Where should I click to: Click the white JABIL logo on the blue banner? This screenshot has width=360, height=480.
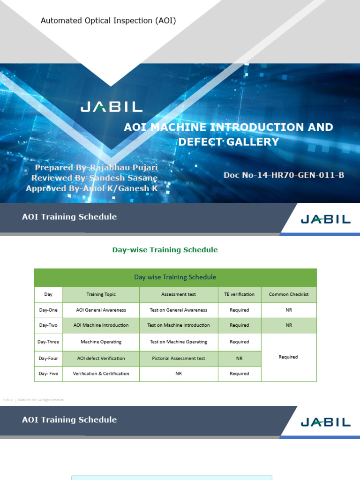pyautogui.click(x=111, y=107)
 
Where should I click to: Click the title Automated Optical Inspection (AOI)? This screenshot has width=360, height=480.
pyautogui.click(x=108, y=20)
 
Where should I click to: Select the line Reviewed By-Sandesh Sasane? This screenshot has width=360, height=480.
pyautogui.click(x=94, y=178)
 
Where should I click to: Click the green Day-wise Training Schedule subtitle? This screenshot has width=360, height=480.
pyautogui.click(x=165, y=250)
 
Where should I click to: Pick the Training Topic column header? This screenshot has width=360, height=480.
pyautogui.click(x=101, y=294)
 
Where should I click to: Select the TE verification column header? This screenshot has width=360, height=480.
pyautogui.click(x=239, y=294)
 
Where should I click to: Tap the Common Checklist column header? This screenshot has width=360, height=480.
pyautogui.click(x=289, y=294)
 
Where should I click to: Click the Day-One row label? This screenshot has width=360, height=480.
pyautogui.click(x=48, y=310)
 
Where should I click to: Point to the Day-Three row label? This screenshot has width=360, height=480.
pyautogui.click(x=48, y=342)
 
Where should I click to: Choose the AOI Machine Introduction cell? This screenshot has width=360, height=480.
pyautogui.click(x=101, y=325)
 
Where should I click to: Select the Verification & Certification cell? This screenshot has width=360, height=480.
pyautogui.click(x=101, y=374)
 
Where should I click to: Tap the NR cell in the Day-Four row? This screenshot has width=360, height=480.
pyautogui.click(x=239, y=358)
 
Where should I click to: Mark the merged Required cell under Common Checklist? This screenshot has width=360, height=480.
pyautogui.click(x=288, y=357)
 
